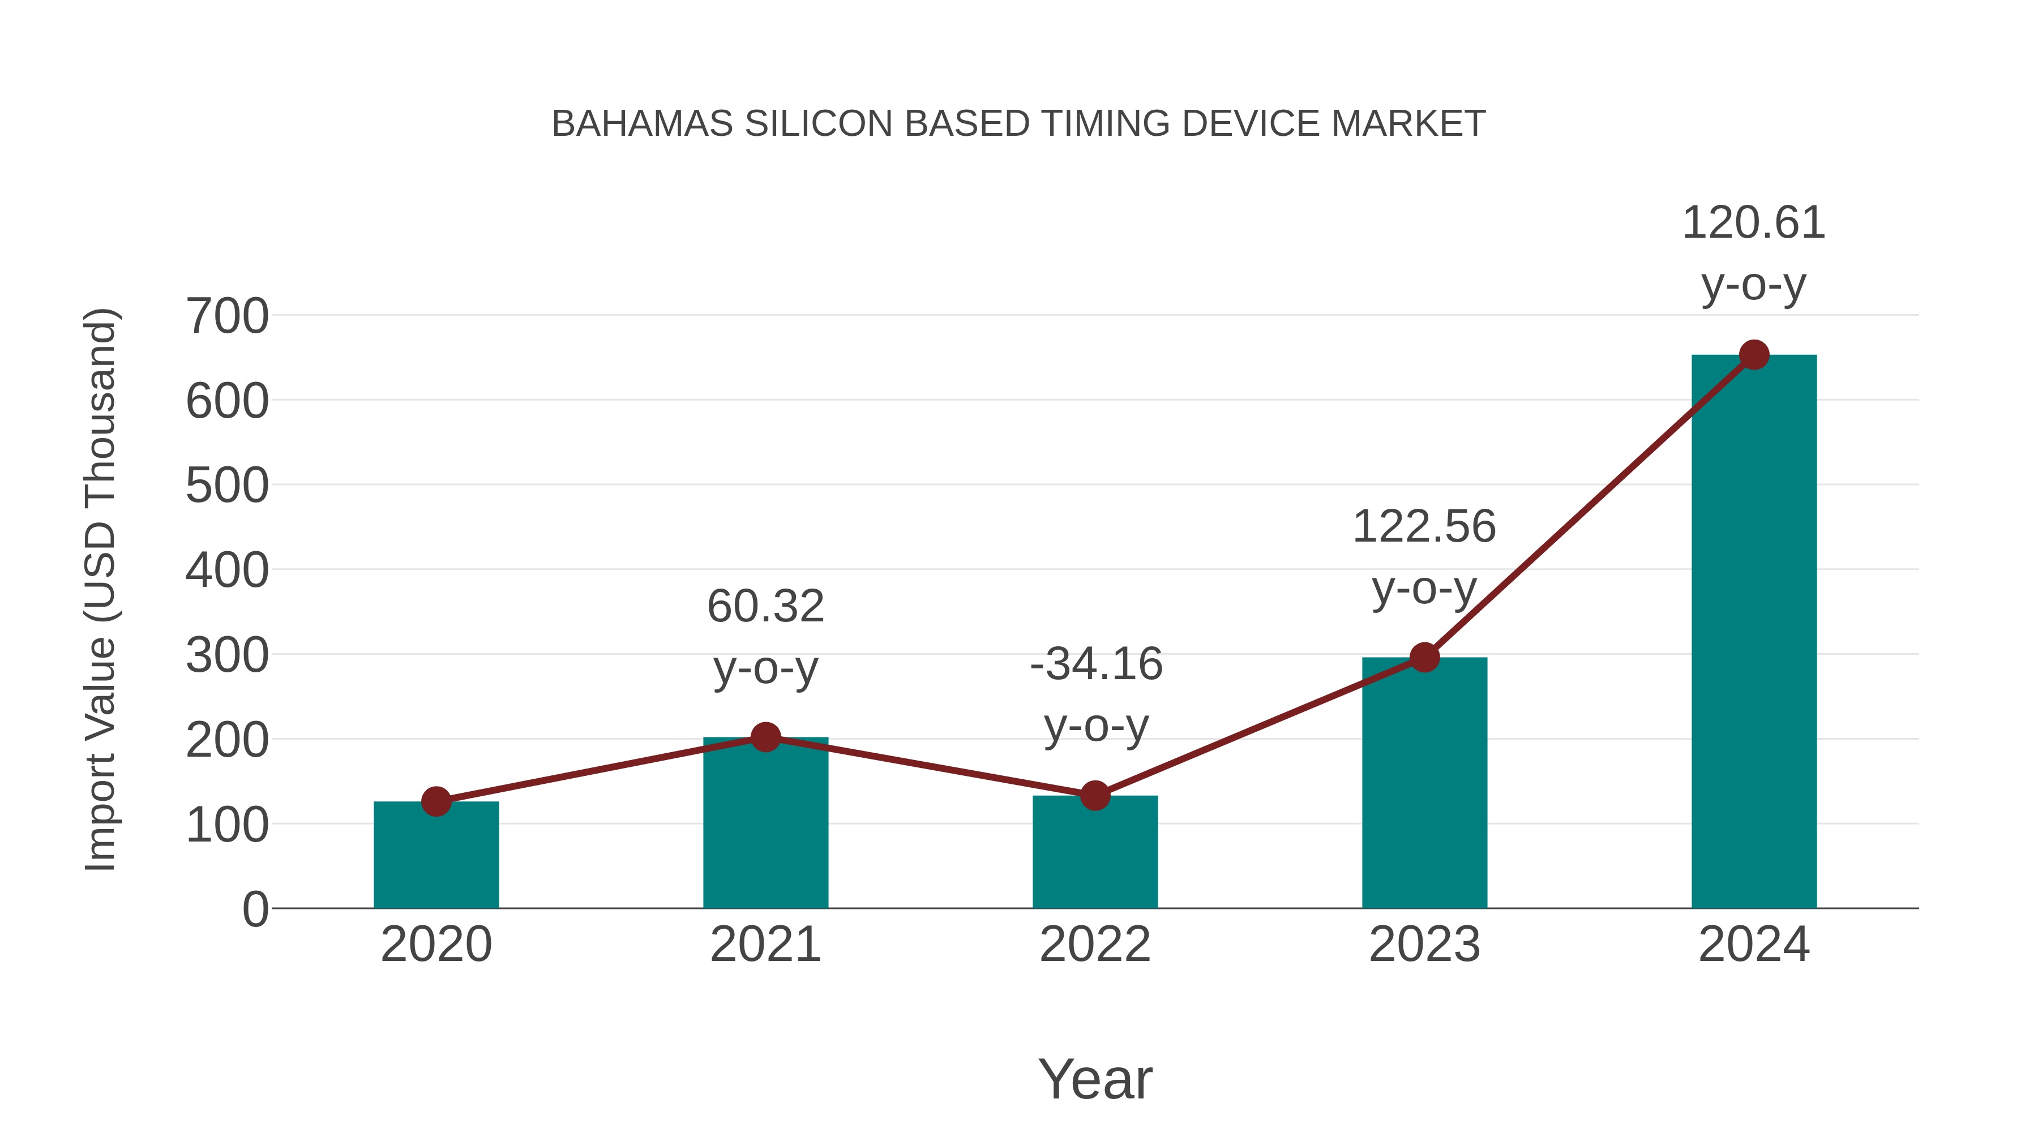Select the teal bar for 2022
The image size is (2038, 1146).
[x=1095, y=854]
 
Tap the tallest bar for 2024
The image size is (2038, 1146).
[x=1754, y=633]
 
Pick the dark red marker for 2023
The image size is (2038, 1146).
[x=1424, y=657]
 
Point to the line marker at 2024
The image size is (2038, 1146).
[x=1754, y=355]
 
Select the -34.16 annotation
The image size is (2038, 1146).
[x=1096, y=664]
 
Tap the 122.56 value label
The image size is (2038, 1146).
[x=1424, y=527]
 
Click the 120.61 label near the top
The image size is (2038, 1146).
[x=1753, y=223]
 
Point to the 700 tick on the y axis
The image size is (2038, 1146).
[x=227, y=316]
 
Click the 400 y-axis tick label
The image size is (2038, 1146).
[x=227, y=570]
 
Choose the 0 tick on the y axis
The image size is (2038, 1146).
[x=255, y=909]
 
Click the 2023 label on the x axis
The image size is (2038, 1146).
[x=1424, y=945]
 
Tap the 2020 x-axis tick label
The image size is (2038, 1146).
[x=436, y=945]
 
